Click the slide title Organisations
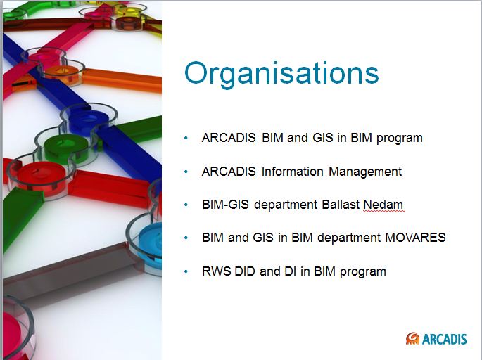(281, 73)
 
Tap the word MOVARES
(415, 238)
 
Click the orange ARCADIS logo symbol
(412, 339)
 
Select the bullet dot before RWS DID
(186, 271)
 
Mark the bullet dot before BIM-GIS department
(186, 205)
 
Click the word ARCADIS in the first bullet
(229, 138)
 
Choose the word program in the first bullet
(400, 139)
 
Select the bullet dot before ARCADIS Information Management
(186, 172)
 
